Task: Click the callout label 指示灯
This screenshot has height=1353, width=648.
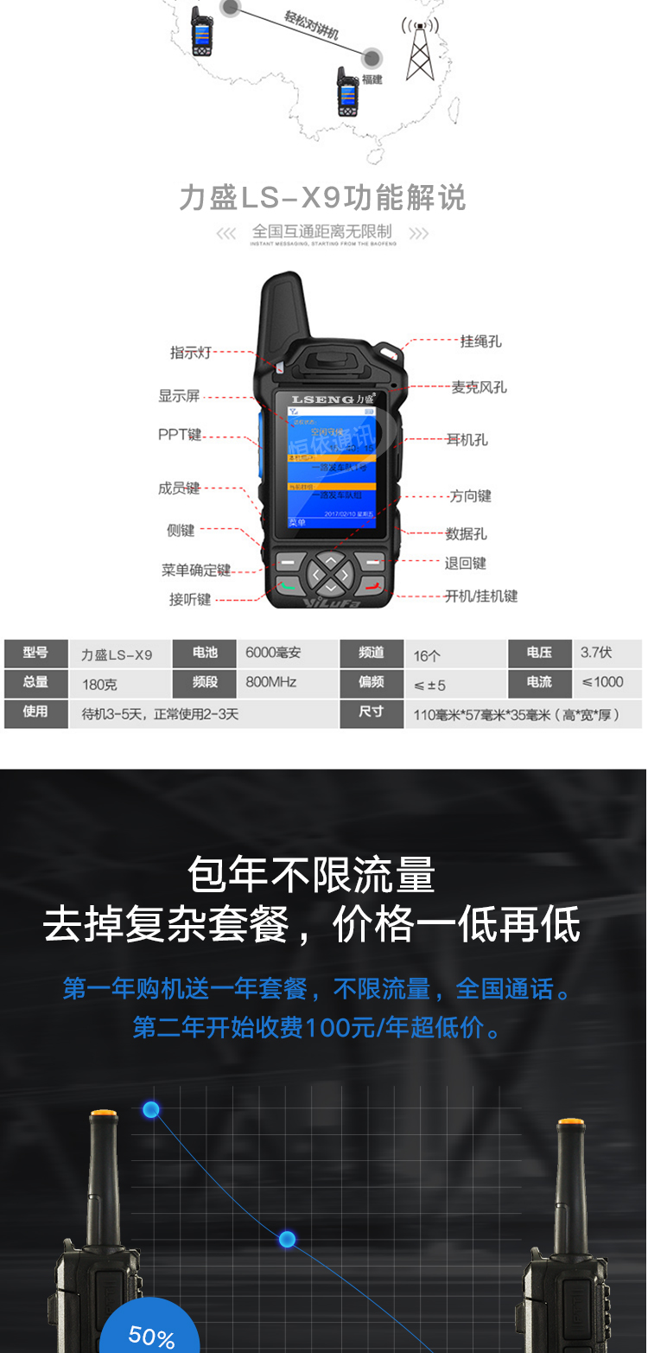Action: [x=190, y=353]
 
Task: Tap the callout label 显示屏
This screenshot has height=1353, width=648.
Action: [x=179, y=396]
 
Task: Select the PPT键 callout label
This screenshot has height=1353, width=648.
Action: [x=180, y=435]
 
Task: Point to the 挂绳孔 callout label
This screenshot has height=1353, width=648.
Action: [x=480, y=341]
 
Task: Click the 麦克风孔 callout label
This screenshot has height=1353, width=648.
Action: [x=479, y=387]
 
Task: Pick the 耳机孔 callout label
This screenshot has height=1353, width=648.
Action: [x=467, y=440]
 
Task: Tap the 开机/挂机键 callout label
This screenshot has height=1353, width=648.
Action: [x=481, y=597]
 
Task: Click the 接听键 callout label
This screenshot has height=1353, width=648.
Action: [x=190, y=599]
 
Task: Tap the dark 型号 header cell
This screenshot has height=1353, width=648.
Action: [x=35, y=654]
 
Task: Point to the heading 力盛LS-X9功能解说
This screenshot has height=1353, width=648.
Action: [x=322, y=198]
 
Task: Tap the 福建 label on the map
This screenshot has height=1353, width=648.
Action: [x=372, y=80]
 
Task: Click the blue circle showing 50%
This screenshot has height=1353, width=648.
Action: [x=150, y=1331]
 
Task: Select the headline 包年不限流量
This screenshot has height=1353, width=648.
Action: [x=311, y=875]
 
